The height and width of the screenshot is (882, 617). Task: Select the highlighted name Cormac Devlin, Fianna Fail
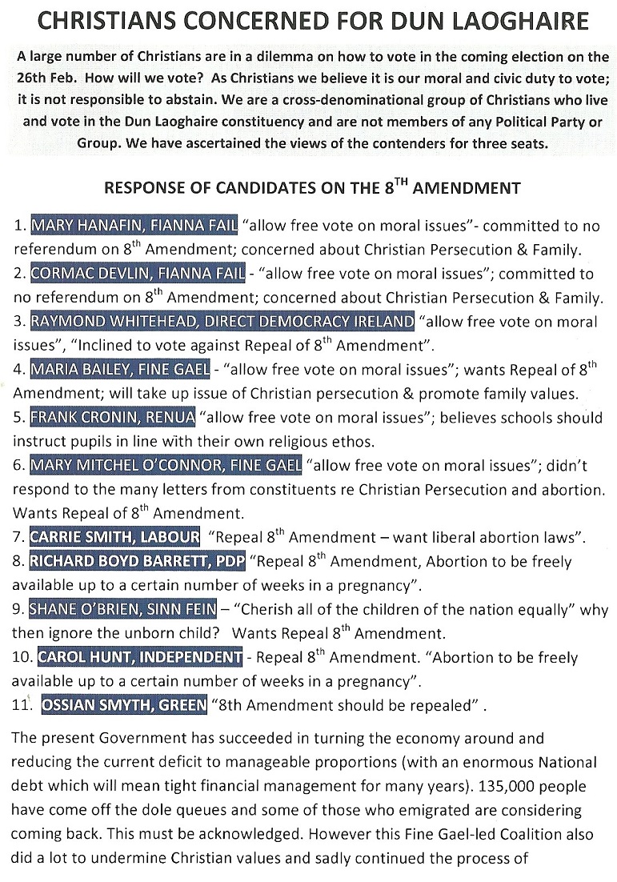(x=137, y=273)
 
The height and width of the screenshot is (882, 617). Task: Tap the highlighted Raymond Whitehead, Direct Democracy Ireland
(x=222, y=323)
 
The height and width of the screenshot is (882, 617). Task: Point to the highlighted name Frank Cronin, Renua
(x=112, y=417)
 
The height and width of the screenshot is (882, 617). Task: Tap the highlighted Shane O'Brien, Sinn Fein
(x=122, y=609)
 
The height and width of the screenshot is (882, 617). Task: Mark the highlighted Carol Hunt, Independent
(x=139, y=657)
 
